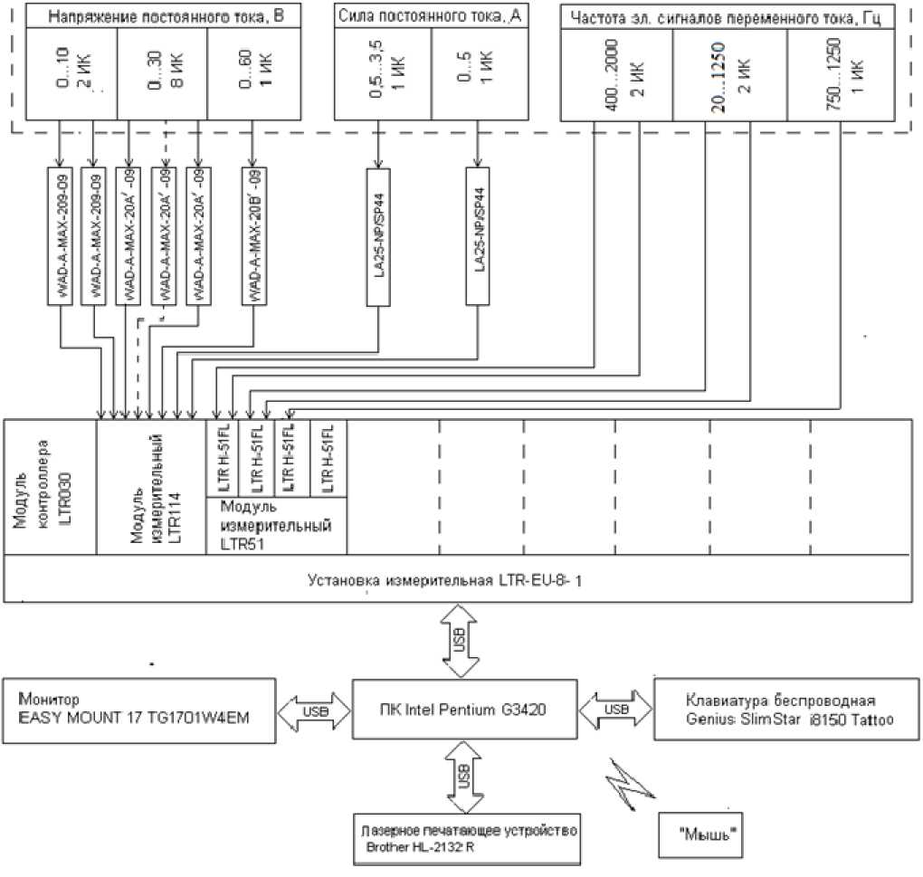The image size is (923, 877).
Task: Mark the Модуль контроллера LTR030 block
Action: (x=51, y=487)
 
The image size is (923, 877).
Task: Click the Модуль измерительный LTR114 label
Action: (x=151, y=487)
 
